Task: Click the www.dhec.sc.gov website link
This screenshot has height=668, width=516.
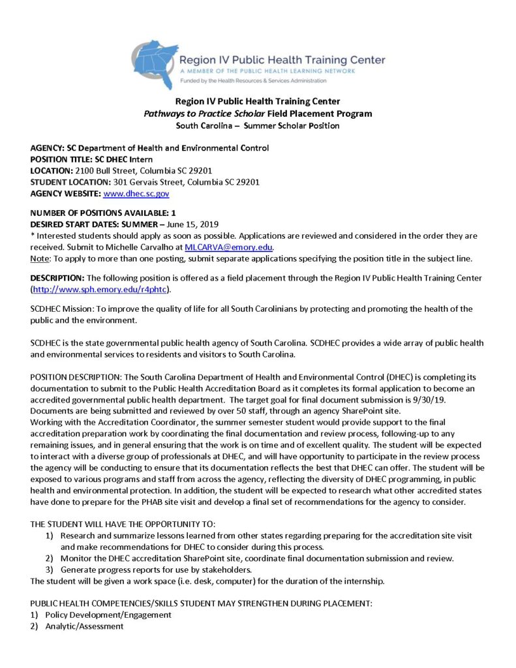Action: click(136, 194)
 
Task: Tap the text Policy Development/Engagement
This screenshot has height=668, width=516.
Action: click(108, 615)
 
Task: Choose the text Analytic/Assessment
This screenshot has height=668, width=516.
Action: click(84, 626)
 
